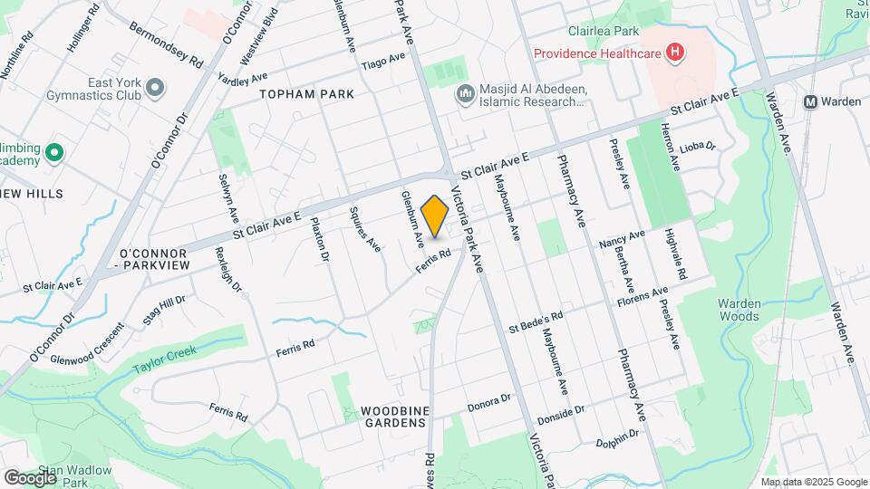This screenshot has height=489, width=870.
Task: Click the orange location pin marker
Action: click(x=435, y=216)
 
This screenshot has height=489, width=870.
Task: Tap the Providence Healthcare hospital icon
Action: click(x=673, y=53)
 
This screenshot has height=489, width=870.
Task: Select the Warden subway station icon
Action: click(x=812, y=101)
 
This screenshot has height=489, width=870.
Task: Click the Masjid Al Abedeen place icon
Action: click(x=464, y=93)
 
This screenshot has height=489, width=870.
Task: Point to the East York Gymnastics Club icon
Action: click(x=155, y=87)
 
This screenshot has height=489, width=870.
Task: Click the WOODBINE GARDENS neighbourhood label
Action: click(x=393, y=417)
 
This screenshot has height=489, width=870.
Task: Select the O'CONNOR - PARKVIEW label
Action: click(x=152, y=257)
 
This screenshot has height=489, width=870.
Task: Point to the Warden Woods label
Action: click(x=739, y=310)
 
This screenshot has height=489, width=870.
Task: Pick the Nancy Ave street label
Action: click(x=622, y=239)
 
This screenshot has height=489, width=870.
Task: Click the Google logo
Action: click(x=30, y=477)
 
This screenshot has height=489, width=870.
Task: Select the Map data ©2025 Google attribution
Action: click(x=813, y=482)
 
